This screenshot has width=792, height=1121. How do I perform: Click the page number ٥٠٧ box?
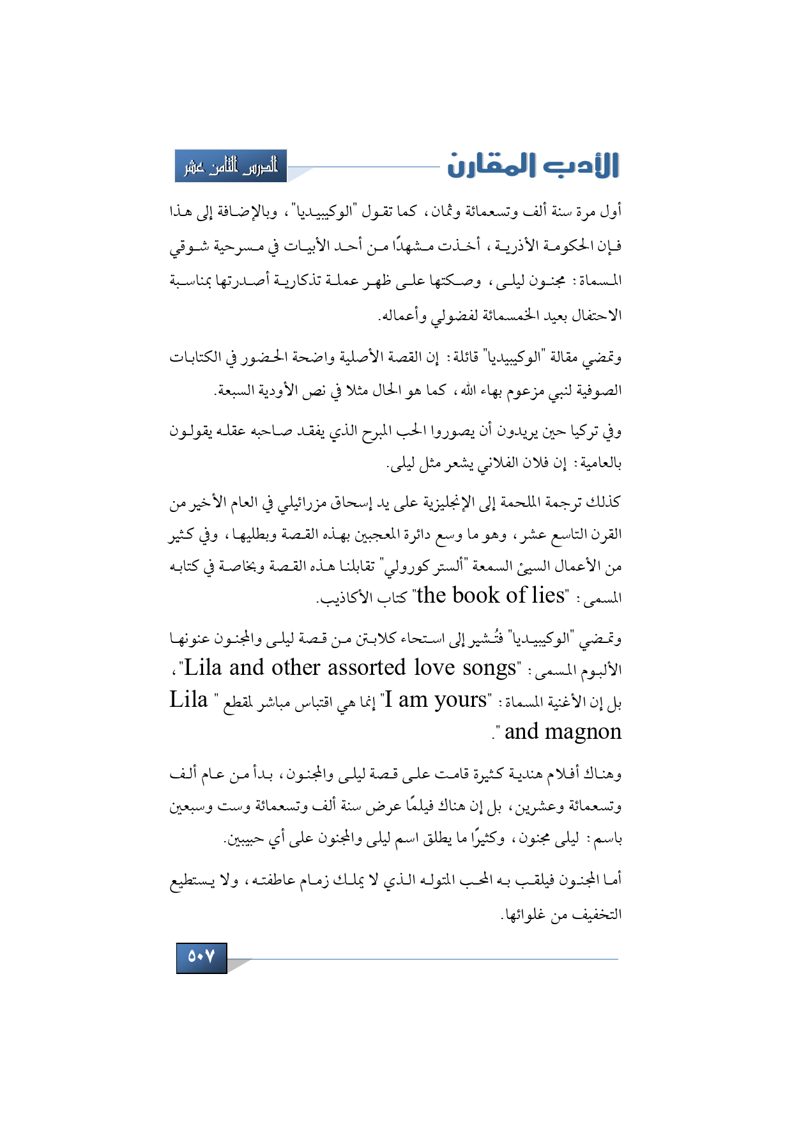(201, 957)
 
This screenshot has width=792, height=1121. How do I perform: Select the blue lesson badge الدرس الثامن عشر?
(231, 166)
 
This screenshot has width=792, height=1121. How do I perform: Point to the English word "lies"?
(547, 596)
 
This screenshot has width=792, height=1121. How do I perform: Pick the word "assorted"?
(365, 668)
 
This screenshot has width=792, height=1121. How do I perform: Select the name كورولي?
(400, 566)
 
